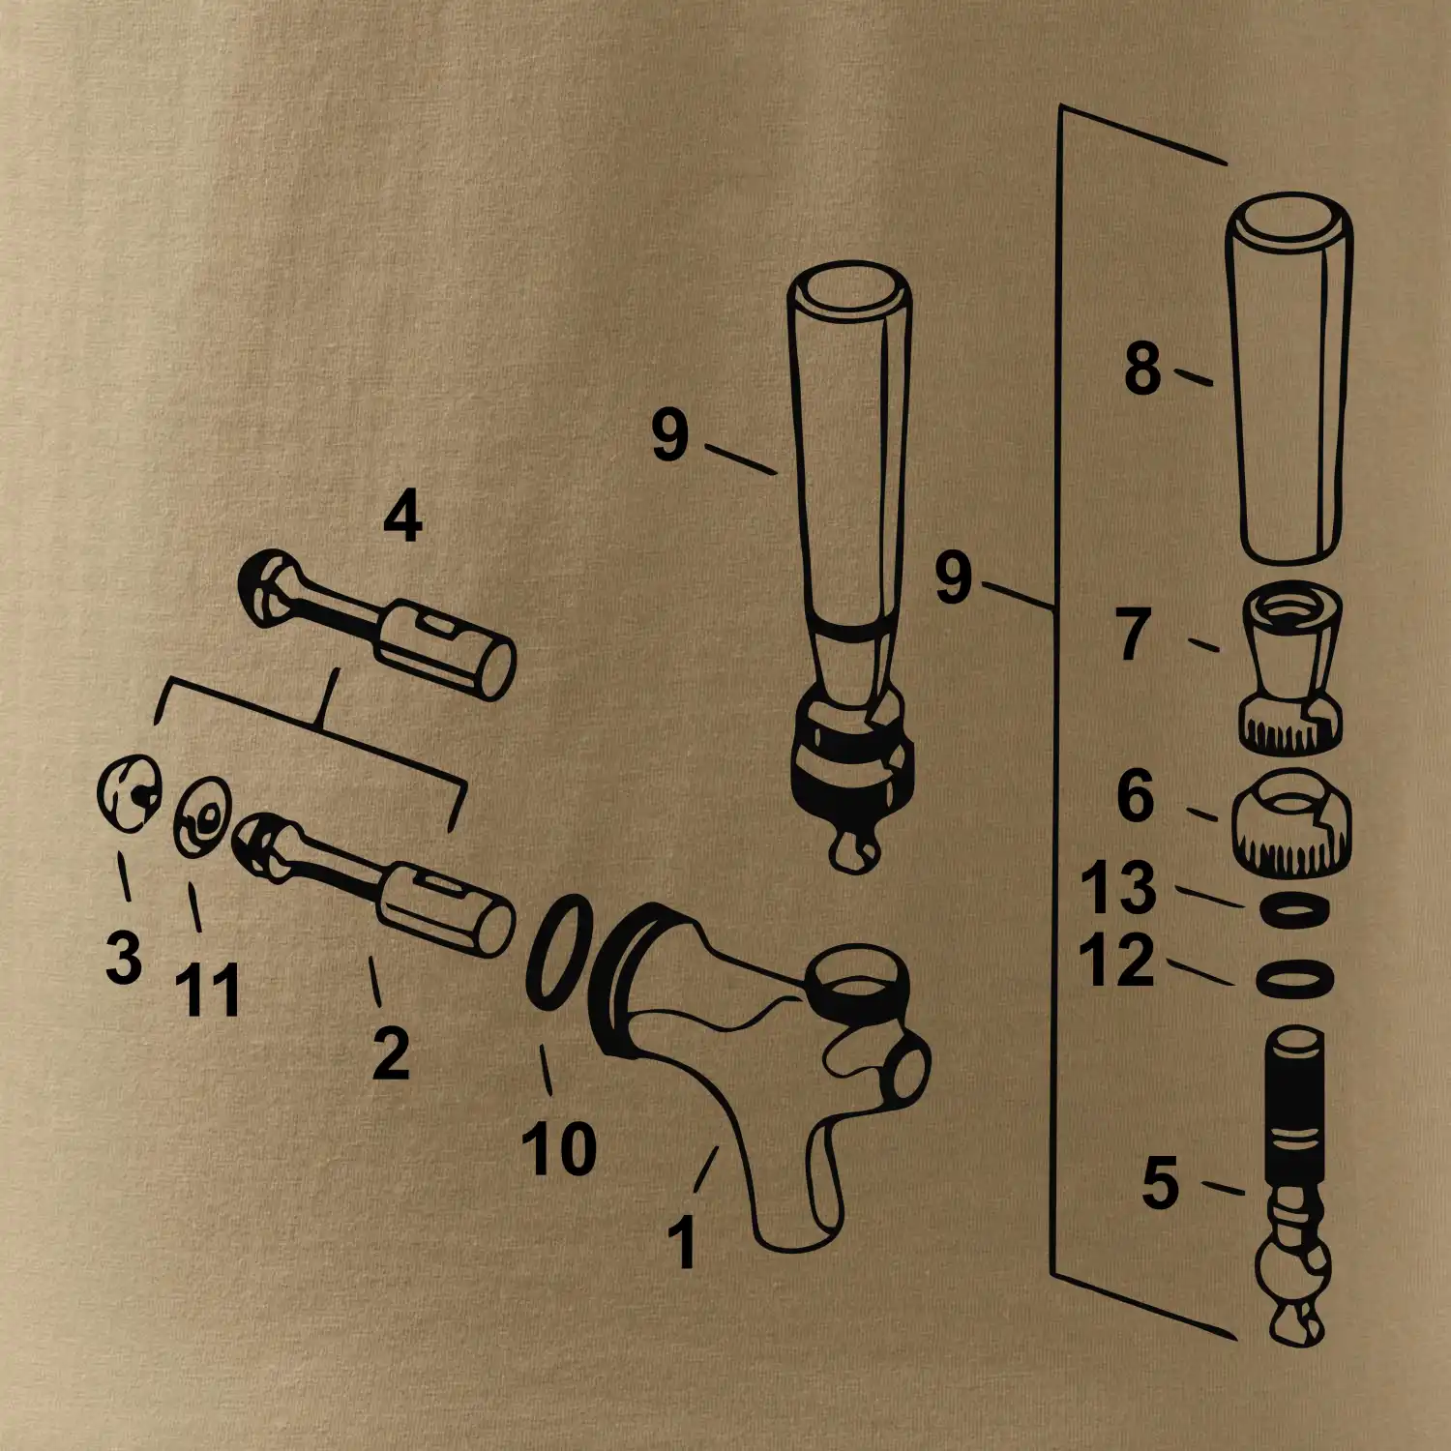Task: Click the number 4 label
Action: [x=402, y=517]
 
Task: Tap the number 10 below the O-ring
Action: [x=559, y=1148]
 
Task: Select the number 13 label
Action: [x=1118, y=887]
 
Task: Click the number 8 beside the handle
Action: [x=1142, y=369]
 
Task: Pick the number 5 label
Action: [x=1161, y=1182]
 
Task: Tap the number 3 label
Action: [x=124, y=957]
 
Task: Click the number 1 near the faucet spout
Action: [x=683, y=1241]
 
